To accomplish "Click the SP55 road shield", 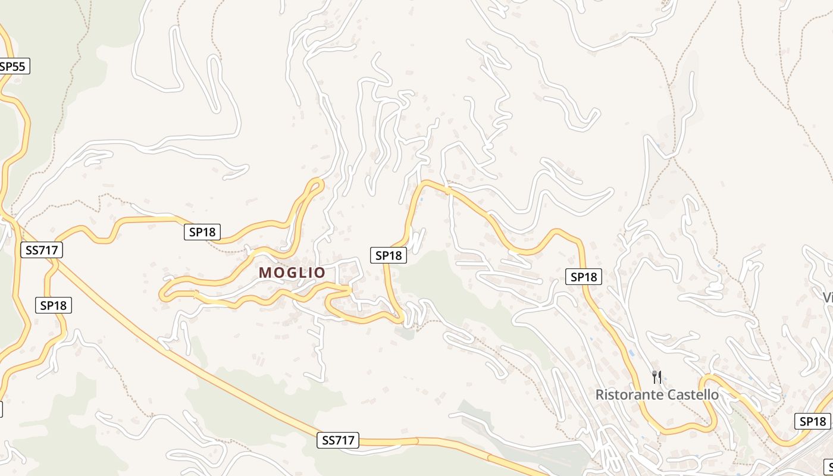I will coord(13,66).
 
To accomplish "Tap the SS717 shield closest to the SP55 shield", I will coord(41,250).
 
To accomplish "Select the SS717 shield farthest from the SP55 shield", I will coord(338,440).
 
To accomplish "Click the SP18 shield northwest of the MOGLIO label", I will coord(202,232).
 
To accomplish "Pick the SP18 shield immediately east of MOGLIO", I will coord(389,255).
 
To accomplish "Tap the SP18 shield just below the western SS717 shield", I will coord(54,305).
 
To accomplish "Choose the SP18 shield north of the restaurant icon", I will coord(584,277).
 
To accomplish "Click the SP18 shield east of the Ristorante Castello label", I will coord(812,421).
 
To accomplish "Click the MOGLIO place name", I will coord(292,273).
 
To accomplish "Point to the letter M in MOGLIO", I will coord(265,273).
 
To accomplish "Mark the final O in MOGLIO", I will coord(320,273).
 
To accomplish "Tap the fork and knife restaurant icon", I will coord(657,377).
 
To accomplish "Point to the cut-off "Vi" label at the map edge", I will coord(827,296).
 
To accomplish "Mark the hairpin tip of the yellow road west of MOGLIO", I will coord(162,294).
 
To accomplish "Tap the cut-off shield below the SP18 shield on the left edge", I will coord(1,409).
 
